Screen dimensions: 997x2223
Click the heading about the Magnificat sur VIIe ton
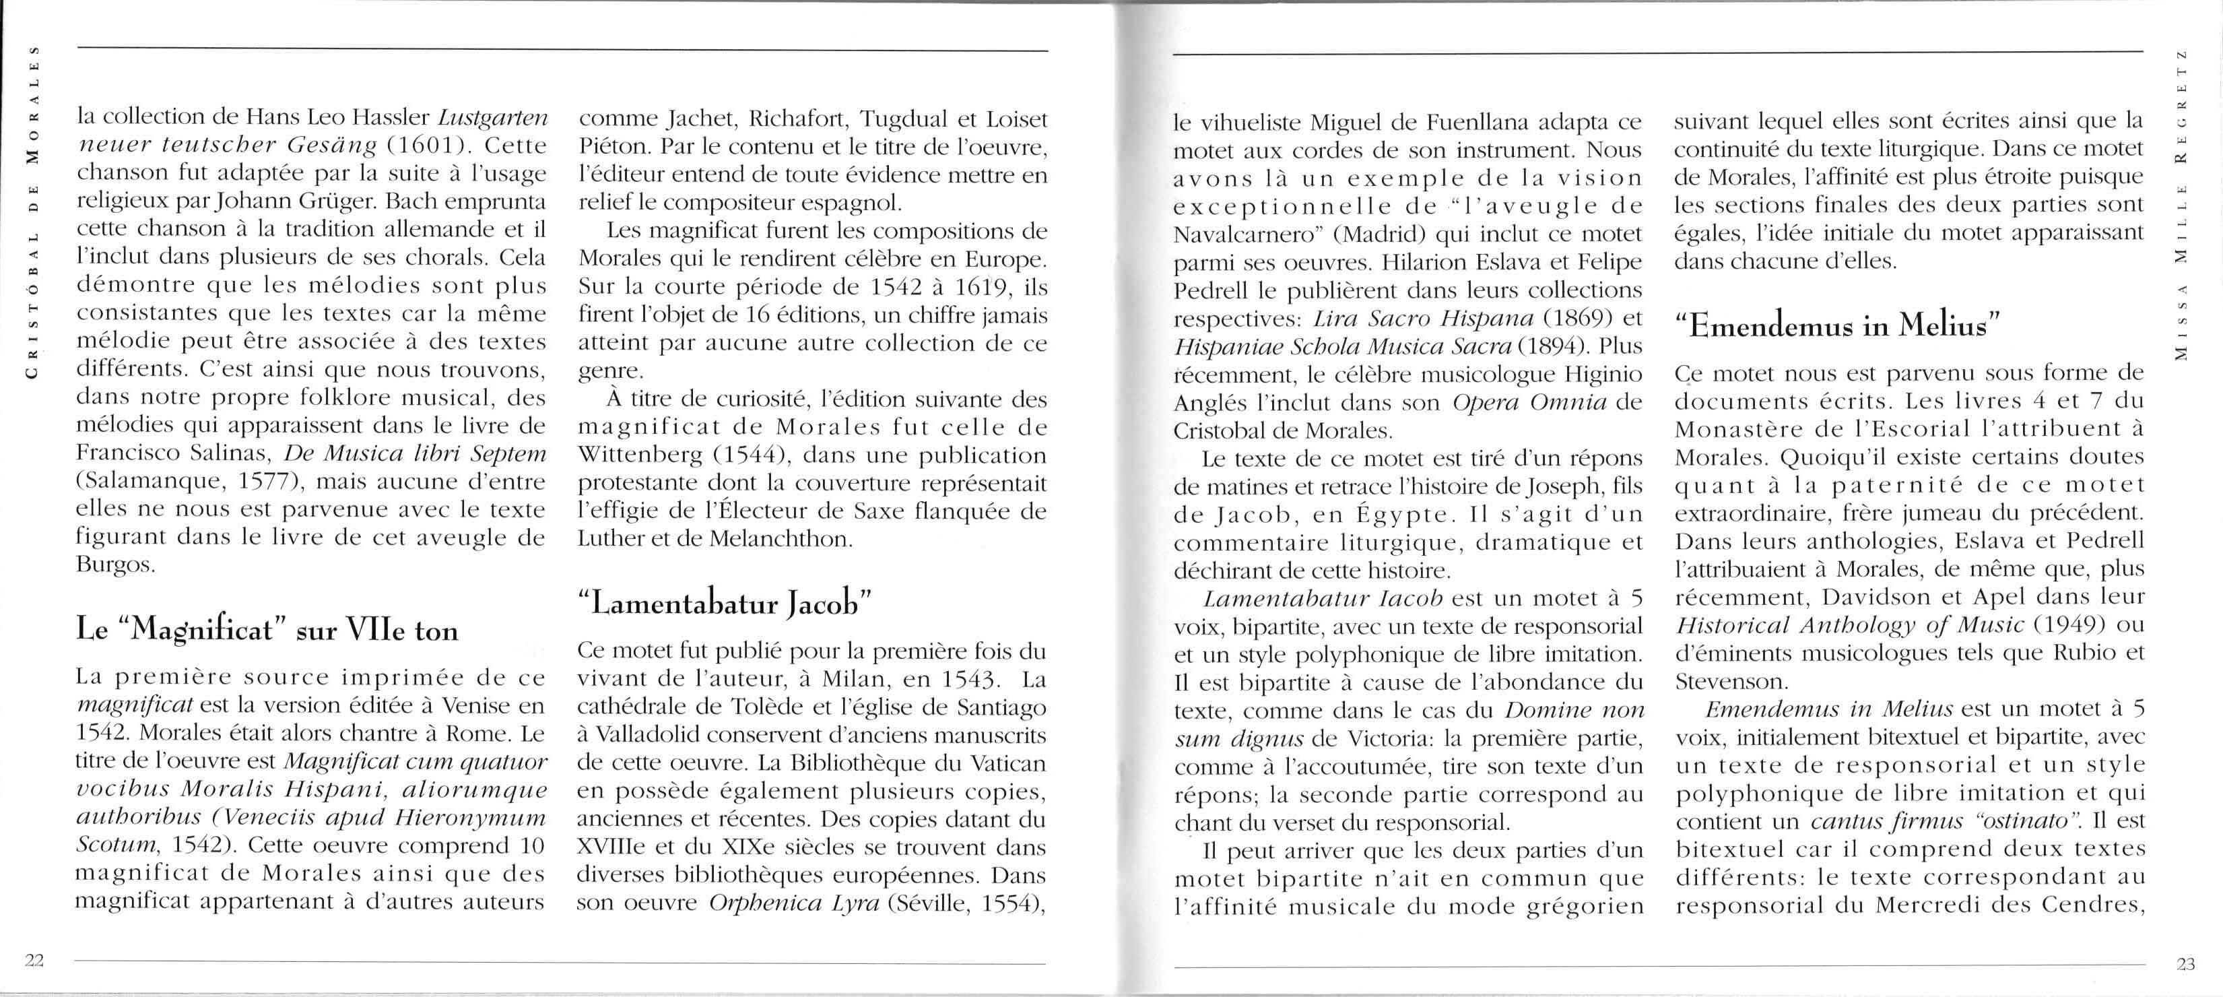pyautogui.click(x=267, y=630)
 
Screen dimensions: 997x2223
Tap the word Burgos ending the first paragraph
pyautogui.click(x=117, y=565)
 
